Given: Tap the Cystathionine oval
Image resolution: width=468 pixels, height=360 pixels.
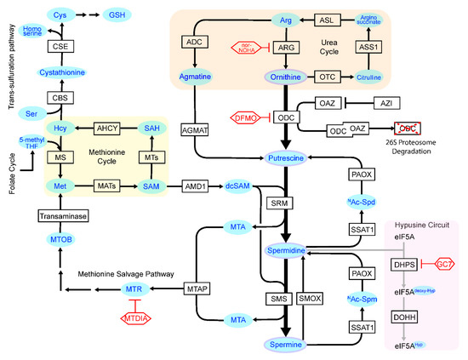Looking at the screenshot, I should coord(59,74).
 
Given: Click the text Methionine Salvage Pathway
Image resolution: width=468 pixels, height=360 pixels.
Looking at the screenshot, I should coord(127,274).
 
